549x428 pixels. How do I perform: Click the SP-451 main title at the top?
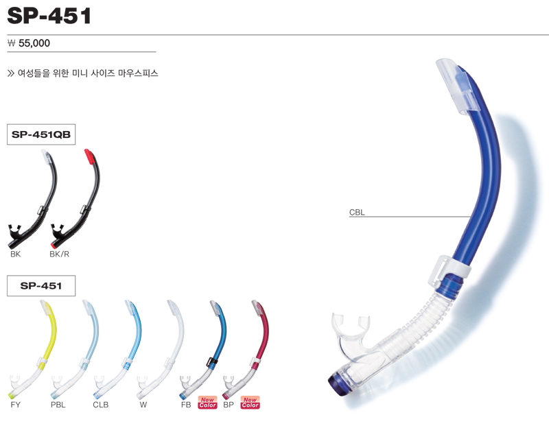pos(49,15)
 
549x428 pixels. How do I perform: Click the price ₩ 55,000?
pos(29,43)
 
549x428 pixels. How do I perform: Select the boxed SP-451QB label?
pos(41,134)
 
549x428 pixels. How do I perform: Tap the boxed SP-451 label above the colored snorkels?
pos(41,285)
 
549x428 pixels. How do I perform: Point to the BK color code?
pos(15,254)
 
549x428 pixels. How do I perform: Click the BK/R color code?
pos(59,254)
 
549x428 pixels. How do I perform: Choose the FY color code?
pos(15,405)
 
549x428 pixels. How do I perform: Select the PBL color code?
pos(58,405)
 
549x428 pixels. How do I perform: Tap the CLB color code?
pos(101,405)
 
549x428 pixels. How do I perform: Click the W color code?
pos(143,405)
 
